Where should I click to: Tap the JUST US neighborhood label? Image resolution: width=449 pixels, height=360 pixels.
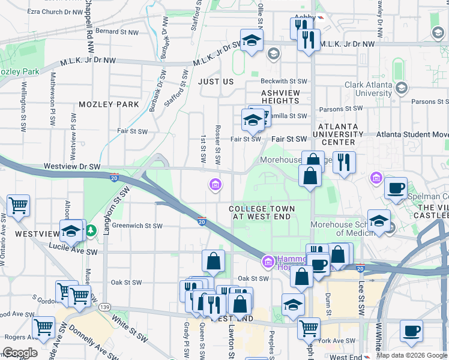[215, 81]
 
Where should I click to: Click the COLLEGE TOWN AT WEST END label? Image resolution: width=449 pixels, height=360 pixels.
[262, 212]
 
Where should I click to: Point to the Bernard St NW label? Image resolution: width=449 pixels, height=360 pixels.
[117, 31]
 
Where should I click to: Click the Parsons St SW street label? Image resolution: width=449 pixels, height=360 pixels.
[340, 109]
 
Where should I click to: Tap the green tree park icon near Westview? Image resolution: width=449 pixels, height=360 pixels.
[91, 230]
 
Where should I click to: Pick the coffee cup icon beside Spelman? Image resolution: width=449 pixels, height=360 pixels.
[396, 188]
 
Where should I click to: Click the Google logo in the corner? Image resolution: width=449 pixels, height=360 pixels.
[20, 353]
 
